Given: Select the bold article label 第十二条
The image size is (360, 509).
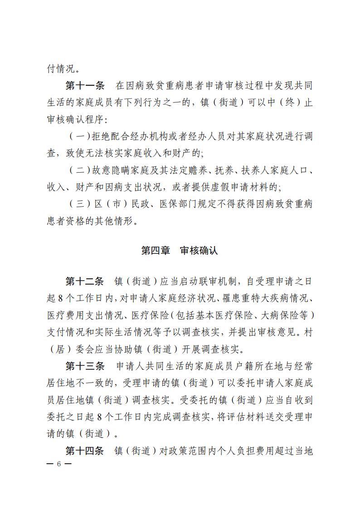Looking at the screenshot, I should click(85, 281).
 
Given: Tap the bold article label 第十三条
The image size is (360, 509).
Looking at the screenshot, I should click(85, 366).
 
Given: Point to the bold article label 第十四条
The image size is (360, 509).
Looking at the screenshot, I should click(85, 451).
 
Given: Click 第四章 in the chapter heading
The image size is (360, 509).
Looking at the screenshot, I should click(154, 250).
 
